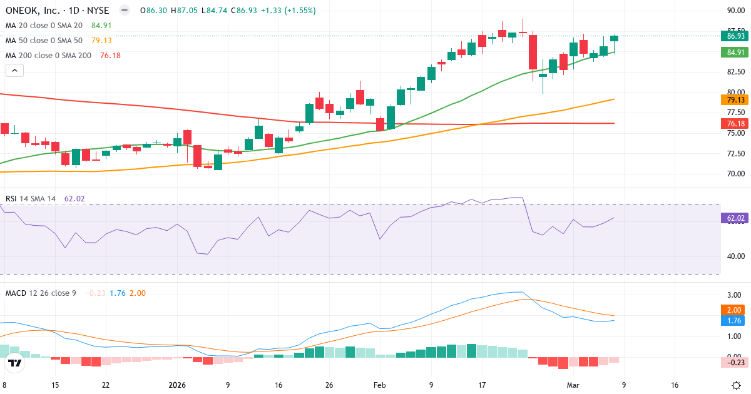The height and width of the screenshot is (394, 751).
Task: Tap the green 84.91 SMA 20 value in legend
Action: tap(101, 26)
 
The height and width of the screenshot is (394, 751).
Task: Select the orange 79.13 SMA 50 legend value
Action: tap(101, 41)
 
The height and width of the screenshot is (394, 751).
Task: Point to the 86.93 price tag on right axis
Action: tap(735, 36)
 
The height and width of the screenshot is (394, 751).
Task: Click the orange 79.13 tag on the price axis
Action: tap(735, 99)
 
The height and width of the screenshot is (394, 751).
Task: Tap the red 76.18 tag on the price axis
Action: tap(735, 123)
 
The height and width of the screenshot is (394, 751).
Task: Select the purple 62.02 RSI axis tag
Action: tap(735, 218)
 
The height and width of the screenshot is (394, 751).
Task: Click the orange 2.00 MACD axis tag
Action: tap(735, 310)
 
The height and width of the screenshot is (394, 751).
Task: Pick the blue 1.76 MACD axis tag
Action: tap(735, 321)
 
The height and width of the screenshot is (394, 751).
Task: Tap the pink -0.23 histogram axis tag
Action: tap(735, 362)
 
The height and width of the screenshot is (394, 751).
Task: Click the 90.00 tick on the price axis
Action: tap(735, 11)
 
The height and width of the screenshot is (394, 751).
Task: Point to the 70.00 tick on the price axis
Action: tap(735, 174)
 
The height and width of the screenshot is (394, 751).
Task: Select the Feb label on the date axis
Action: tap(380, 385)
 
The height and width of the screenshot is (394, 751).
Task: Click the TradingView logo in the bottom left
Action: tap(15, 363)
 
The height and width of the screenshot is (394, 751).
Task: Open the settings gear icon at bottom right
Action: tap(736, 385)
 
